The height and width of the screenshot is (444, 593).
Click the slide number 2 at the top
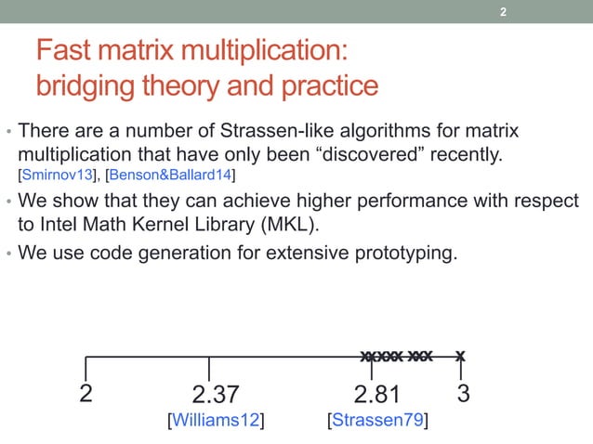pos(503,13)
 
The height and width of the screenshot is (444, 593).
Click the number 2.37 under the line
pos(216,394)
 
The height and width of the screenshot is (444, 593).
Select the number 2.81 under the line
pos(378,394)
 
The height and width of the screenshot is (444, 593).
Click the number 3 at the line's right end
pos(463,393)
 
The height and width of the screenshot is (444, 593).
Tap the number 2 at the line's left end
pos(86,393)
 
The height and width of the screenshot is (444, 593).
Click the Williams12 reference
pos(216,422)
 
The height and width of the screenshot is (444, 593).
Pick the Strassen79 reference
pos(378,422)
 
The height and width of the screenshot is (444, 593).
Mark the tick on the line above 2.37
pos(209,367)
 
